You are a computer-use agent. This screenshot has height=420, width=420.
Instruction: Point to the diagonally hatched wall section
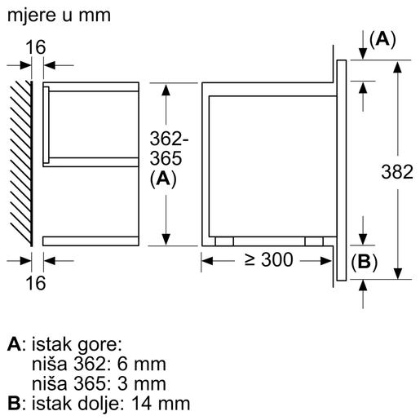[21, 163]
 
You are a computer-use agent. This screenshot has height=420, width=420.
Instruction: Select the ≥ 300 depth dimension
[267, 261]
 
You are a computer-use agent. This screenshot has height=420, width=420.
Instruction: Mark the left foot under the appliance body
[223, 241]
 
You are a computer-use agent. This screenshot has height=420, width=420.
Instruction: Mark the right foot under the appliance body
[312, 241]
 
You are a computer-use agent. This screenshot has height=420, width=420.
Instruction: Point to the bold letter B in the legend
[12, 403]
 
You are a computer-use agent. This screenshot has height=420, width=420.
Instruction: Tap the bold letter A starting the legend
[12, 346]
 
